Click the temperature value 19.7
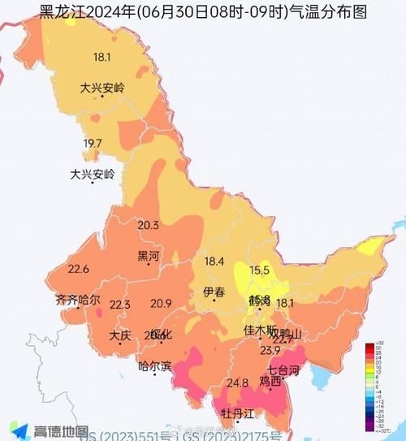coord(93,144)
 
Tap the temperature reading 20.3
coord(148,225)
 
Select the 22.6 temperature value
coord(78,270)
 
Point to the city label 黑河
coord(149,256)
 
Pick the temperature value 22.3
coord(119,305)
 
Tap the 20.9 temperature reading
coord(161,304)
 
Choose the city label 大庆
coord(120,335)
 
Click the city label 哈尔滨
coord(155,366)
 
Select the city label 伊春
coord(214,292)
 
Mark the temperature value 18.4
coord(214,262)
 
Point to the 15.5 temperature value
coord(259,270)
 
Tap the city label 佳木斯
coord(261,331)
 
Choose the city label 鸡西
coord(270,380)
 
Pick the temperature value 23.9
coord(270,350)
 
